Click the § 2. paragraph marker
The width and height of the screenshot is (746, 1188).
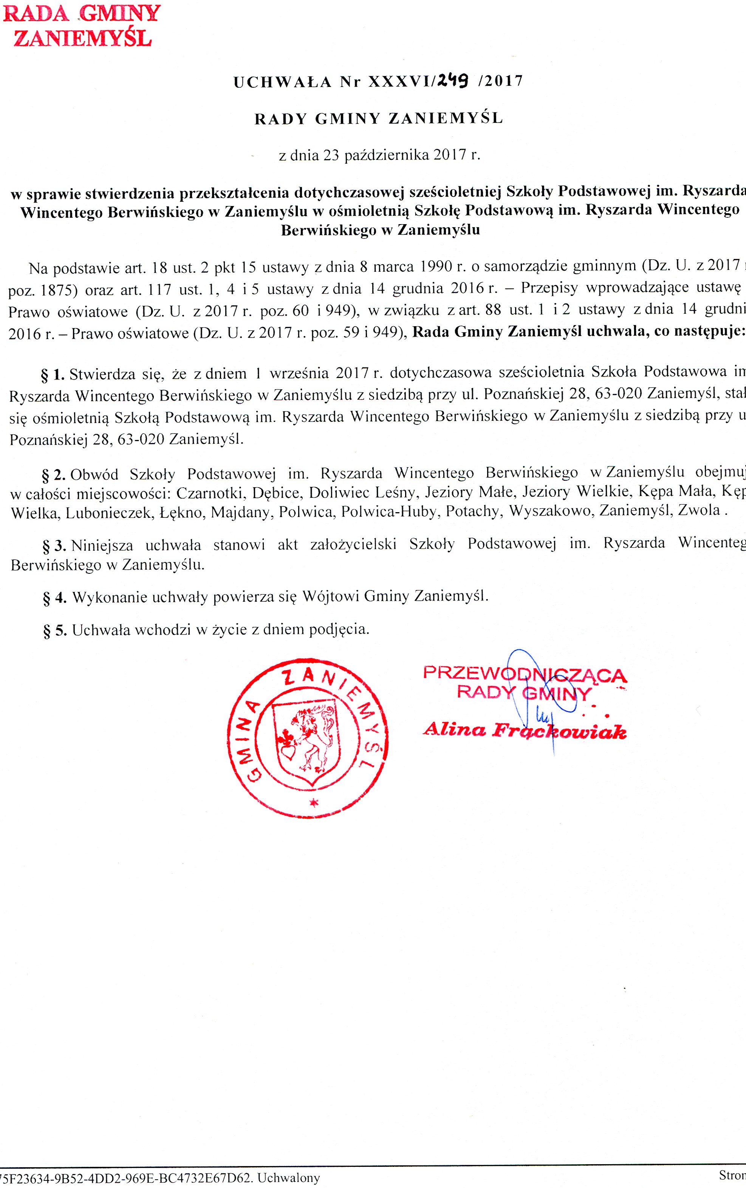pyautogui.click(x=53, y=475)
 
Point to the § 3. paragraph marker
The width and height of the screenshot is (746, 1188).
pyautogui.click(x=54, y=545)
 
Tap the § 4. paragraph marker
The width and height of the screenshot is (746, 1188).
pyautogui.click(x=54, y=598)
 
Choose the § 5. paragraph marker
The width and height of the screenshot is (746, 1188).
pyautogui.click(x=54, y=630)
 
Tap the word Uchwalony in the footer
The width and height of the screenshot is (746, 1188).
pyautogui.click(x=289, y=1179)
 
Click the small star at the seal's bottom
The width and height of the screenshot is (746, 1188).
pyautogui.click(x=312, y=803)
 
